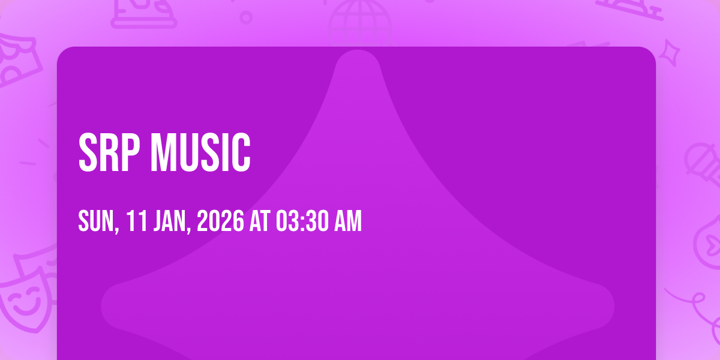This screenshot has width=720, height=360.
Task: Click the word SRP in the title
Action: point(109,152)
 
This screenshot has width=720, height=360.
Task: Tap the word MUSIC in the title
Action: point(200,152)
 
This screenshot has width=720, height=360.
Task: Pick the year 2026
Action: point(221,221)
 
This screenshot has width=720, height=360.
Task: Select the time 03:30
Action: point(302,221)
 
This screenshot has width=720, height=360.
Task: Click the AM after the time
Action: point(348,221)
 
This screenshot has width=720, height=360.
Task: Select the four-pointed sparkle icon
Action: point(670,53)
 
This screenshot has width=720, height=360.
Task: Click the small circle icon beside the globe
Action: point(246,17)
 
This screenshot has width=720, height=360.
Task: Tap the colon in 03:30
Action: point(302,222)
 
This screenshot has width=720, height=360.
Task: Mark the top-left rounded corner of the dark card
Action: point(62,52)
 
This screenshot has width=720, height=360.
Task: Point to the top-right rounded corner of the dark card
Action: point(651,52)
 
